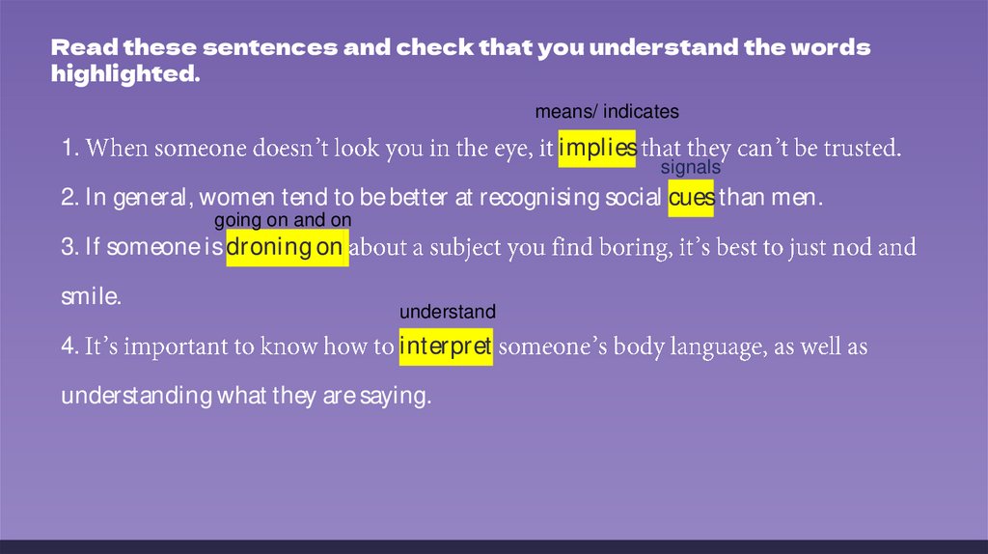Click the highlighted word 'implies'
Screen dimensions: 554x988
(x=597, y=149)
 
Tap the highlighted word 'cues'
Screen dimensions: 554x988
(x=691, y=198)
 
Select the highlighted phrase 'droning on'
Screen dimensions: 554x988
(x=288, y=248)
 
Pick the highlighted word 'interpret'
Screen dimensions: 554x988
(x=446, y=346)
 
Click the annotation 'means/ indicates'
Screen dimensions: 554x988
(x=607, y=112)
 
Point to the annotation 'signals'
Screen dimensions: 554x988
(x=691, y=168)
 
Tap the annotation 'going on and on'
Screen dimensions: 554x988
(x=283, y=221)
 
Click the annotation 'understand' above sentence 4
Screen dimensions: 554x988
(x=448, y=312)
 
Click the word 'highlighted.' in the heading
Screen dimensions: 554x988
(x=126, y=73)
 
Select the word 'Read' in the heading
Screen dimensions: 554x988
(x=85, y=48)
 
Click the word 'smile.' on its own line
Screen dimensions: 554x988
(x=92, y=297)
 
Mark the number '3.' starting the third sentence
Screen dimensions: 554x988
(x=70, y=248)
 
